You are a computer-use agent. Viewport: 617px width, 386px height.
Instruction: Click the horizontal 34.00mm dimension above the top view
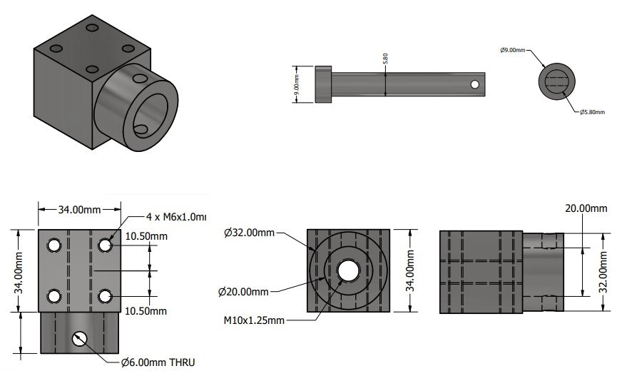click(78, 210)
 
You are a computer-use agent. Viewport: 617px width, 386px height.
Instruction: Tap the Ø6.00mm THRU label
click(158, 362)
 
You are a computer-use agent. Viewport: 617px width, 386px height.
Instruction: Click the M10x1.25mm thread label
click(253, 320)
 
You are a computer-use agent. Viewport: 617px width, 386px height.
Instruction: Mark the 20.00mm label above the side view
click(582, 208)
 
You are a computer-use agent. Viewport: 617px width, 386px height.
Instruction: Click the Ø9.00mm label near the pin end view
click(512, 50)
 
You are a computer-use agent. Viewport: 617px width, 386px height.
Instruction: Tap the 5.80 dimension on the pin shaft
click(386, 61)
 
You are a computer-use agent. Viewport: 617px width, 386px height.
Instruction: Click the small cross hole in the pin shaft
click(474, 84)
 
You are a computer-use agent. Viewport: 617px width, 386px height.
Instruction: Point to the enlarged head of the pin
click(324, 84)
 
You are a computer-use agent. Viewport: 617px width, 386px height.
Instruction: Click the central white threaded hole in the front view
click(348, 270)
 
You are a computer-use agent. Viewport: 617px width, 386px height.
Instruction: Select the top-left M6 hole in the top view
click(53, 245)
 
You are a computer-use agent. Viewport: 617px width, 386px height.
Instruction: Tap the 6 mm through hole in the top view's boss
click(79, 339)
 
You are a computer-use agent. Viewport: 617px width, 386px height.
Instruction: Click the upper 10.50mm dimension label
click(146, 236)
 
